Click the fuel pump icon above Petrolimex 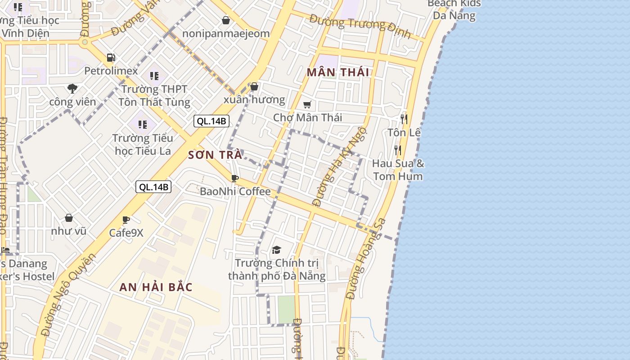coord(111,58)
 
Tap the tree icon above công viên coord(72,88)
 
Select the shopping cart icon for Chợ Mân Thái coord(307,105)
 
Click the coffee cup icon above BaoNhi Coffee coord(234,178)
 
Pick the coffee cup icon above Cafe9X coord(126,220)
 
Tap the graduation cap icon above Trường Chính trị coord(276,250)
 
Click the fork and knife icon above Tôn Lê coord(404,119)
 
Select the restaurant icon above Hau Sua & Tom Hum coord(398,150)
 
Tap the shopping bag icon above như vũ coord(69,218)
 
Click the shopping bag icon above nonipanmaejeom coord(226,20)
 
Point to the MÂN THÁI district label coord(338,72)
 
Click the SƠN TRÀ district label coord(215,155)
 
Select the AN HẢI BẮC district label coord(156,287)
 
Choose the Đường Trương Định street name coord(360,26)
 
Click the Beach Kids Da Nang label coord(454,9)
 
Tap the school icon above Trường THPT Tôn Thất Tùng coord(154,76)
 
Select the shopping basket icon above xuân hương coord(254,86)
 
